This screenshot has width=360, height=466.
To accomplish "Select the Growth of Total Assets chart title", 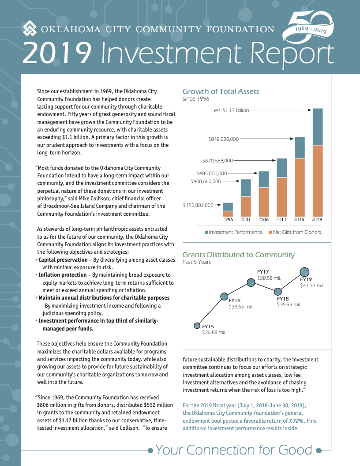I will point(221,92).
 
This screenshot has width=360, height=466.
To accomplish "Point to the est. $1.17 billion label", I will point(232,110).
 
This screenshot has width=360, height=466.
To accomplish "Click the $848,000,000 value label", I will point(223,139).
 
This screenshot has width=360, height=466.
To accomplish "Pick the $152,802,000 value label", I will point(198,205).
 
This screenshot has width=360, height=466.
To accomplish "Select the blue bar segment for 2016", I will point(300,148).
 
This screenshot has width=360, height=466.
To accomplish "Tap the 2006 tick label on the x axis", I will point(264,220).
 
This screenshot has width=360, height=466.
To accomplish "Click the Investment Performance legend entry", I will point(233,232).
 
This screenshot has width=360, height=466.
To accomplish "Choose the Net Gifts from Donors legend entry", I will point(294,232).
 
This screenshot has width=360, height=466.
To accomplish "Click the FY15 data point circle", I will point(197,326).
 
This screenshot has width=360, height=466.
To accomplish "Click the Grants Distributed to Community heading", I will point(238,255).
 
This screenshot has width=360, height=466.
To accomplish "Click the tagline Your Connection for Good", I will point(234,450).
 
